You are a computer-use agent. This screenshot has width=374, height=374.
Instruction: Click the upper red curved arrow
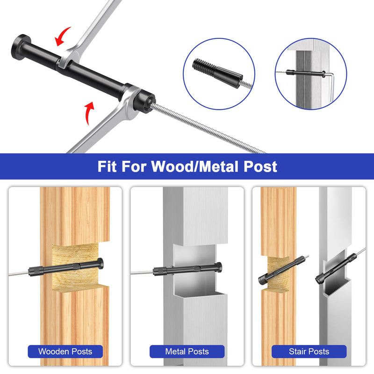61,36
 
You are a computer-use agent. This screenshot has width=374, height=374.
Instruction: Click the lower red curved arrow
89,112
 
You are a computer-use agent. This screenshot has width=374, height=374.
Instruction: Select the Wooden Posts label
65,352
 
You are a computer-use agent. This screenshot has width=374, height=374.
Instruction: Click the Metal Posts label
187,352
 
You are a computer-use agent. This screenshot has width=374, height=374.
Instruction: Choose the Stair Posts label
309,352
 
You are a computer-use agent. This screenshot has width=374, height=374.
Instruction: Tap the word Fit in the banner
107,166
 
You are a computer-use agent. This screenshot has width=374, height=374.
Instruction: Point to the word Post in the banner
260,166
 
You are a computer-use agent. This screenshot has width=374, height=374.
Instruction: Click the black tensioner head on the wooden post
101,263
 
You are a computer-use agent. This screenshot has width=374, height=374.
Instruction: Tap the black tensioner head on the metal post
219,267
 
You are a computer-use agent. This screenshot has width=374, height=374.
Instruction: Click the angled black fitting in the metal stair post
337,268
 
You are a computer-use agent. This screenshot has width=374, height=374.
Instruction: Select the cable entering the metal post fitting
142,273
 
